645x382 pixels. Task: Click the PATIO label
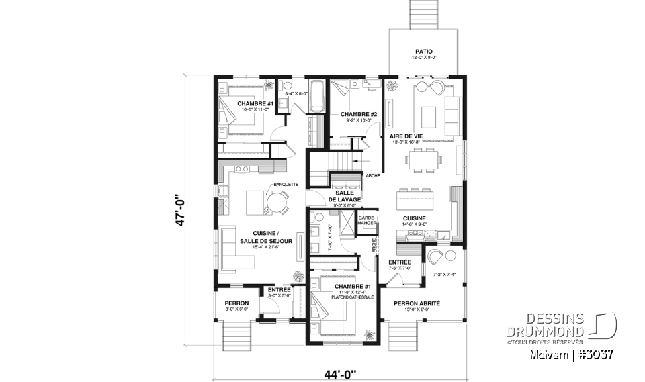click(x=423, y=51)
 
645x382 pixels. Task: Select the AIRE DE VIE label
click(x=406, y=136)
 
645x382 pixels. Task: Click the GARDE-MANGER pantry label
click(x=367, y=220)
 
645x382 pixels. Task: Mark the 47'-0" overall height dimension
click(x=181, y=211)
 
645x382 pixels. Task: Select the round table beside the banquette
click(x=276, y=202)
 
